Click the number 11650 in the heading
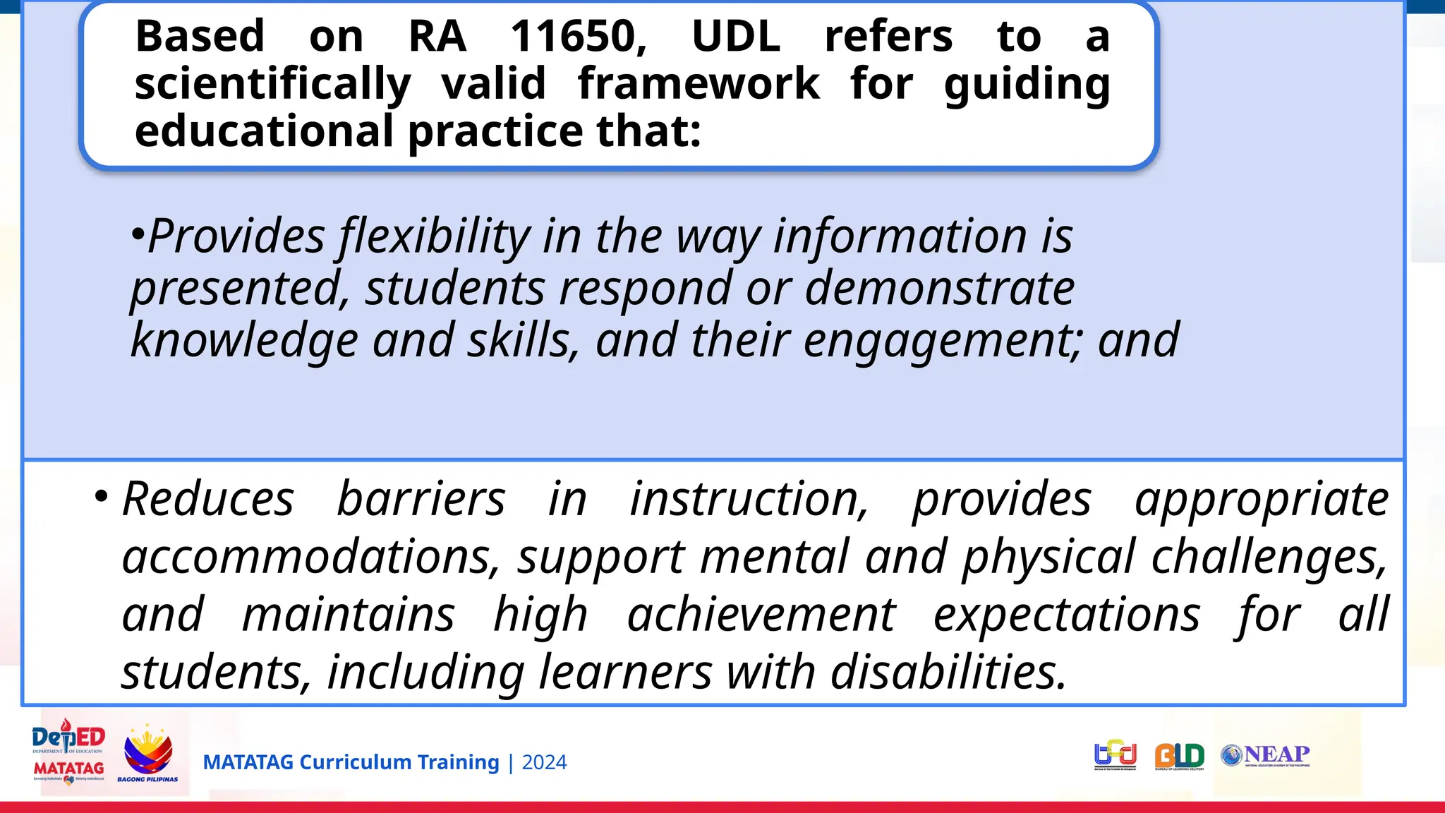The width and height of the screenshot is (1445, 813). tap(578, 37)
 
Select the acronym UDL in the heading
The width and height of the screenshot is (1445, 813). tap(736, 37)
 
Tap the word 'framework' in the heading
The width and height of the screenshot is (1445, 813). tap(699, 84)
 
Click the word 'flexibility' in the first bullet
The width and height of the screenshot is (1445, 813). tap(433, 236)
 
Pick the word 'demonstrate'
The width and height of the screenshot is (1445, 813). tap(939, 289)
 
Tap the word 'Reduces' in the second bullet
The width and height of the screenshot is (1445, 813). tap(207, 500)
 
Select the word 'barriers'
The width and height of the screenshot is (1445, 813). tap(421, 500)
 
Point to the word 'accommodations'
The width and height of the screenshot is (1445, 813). tap(310, 558)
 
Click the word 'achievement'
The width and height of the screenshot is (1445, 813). tap(761, 615)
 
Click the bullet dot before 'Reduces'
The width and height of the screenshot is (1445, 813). tap(102, 496)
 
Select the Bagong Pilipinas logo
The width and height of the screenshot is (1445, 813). tap(147, 754)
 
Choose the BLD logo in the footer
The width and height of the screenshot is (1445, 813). tap(1179, 757)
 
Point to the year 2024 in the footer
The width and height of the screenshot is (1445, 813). tap(544, 763)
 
